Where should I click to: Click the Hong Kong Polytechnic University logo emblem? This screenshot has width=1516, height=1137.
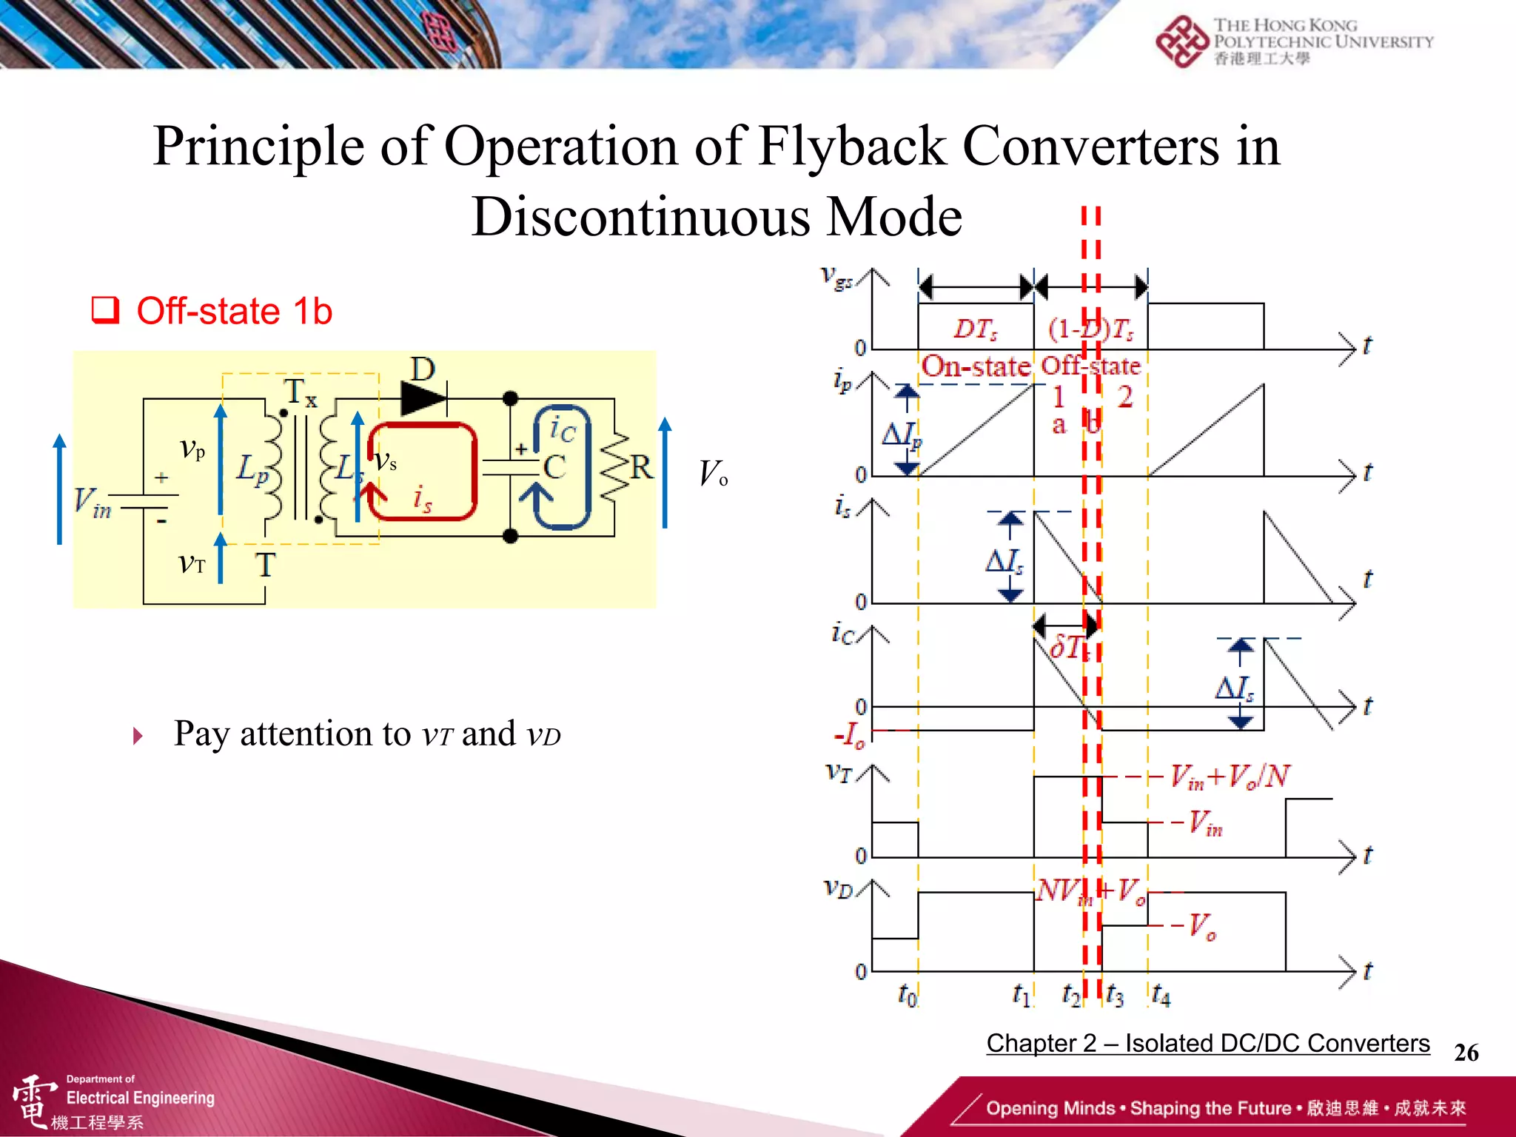(x=1182, y=41)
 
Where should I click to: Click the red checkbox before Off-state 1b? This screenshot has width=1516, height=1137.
(x=105, y=310)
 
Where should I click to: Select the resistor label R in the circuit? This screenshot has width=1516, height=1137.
(x=641, y=468)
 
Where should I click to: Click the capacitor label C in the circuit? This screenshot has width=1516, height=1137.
(x=555, y=467)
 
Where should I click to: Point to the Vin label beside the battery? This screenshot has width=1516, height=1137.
(x=93, y=503)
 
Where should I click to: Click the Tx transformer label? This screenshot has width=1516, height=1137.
(x=301, y=392)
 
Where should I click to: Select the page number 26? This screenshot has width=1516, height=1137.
(x=1466, y=1053)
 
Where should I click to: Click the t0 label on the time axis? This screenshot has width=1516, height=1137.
(x=908, y=994)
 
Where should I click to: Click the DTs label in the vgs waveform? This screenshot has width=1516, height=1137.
(x=976, y=329)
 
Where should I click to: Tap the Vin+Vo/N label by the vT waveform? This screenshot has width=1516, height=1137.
(x=1230, y=777)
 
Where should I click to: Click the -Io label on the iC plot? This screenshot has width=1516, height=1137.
(x=849, y=736)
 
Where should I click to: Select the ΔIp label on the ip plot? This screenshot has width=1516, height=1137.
(x=902, y=435)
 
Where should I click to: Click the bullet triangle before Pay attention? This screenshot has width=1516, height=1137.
(x=138, y=736)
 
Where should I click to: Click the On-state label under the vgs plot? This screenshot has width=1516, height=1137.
(x=976, y=366)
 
